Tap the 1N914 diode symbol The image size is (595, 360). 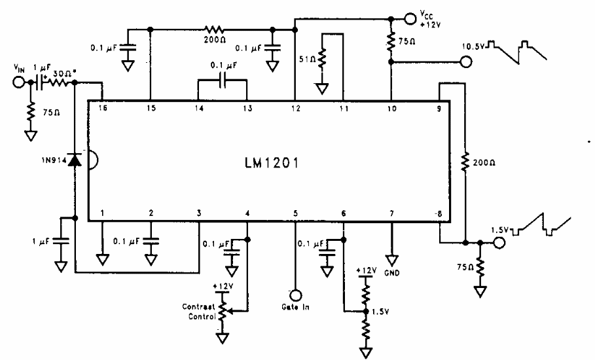click(75, 160)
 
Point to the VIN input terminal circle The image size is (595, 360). click(20, 83)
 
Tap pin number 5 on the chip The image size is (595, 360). click(295, 213)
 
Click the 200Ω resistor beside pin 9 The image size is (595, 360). click(464, 161)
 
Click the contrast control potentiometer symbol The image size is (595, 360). click(225, 308)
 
